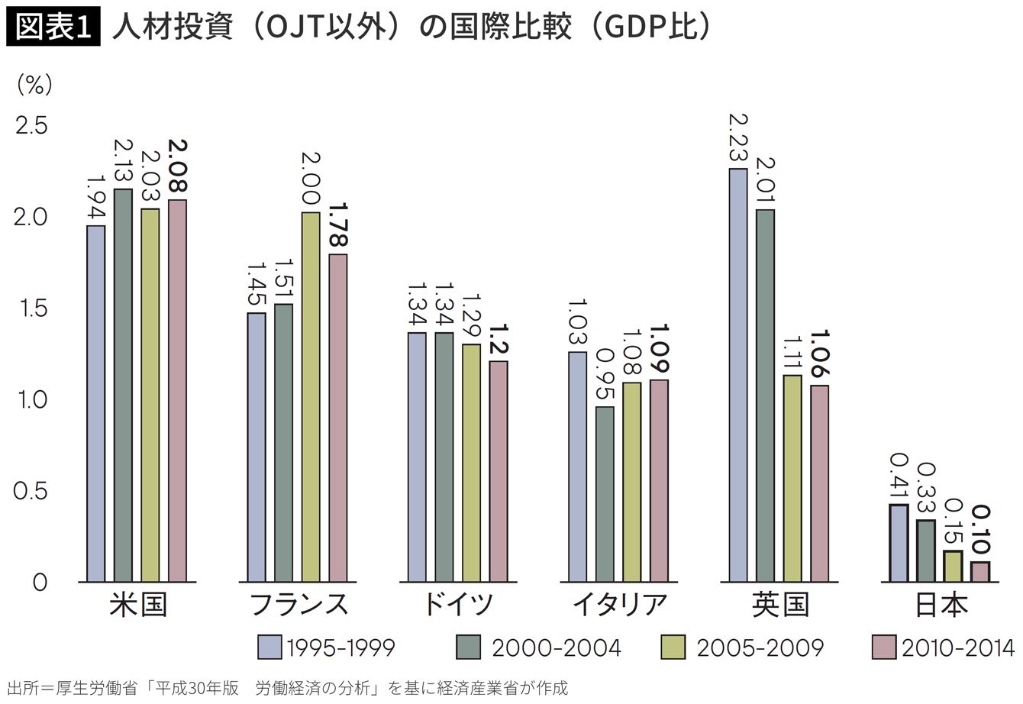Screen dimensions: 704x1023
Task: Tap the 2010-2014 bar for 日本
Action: [980, 572]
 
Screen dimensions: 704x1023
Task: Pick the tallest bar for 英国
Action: [738, 375]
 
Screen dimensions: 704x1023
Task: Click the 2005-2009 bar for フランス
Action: [311, 397]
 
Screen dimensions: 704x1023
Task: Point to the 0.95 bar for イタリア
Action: [605, 494]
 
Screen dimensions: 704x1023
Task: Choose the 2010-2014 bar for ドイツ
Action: [499, 471]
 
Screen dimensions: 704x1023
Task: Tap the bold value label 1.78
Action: [338, 226]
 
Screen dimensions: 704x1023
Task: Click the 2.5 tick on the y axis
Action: [32, 125]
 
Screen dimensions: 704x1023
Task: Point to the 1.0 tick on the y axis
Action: [32, 399]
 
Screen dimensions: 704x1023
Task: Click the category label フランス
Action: [299, 605]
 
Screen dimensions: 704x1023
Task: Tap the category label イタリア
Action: [618, 605]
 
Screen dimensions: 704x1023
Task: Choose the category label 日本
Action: [941, 605]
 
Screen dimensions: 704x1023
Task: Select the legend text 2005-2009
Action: [759, 648]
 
